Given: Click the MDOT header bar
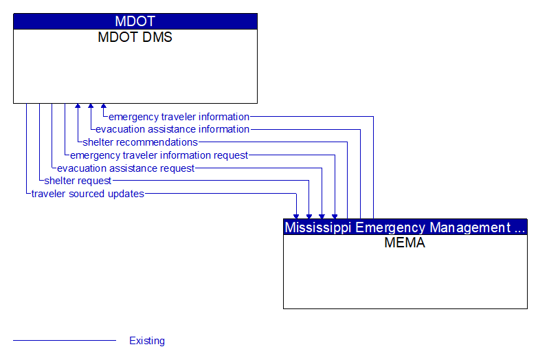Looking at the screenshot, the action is (135, 21).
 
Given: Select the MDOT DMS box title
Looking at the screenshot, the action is (135, 38).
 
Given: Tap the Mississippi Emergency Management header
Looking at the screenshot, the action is (405, 227).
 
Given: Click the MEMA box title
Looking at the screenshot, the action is (405, 243).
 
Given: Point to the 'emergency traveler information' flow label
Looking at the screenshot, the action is (179, 117).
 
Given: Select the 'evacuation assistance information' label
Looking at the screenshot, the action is (172, 129).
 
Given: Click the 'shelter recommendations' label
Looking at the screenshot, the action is (140, 142).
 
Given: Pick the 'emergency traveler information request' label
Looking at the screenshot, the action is (159, 155).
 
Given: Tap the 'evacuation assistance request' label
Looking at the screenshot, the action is (126, 168).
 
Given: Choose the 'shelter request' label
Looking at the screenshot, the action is (78, 181).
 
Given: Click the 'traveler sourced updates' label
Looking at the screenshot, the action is (88, 194).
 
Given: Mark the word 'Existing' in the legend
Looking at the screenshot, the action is (147, 341).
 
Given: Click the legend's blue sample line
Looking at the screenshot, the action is (65, 341).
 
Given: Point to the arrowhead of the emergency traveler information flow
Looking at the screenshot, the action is (104, 106).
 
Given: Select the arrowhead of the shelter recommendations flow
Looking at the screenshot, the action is (78, 106).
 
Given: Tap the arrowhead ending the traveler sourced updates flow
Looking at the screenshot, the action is (296, 216).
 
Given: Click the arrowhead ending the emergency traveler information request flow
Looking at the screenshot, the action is (335, 216).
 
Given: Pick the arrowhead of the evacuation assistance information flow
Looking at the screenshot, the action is (91, 106).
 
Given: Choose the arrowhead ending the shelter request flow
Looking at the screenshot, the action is (309, 216).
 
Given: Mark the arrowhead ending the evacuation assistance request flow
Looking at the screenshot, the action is (322, 216).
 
